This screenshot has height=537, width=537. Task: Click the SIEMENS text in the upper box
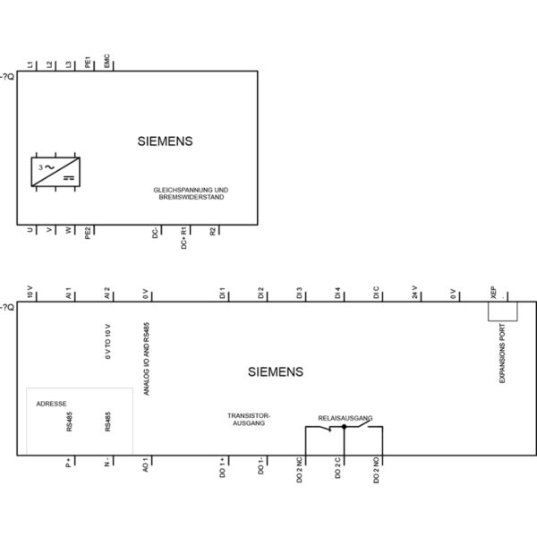pos(165,141)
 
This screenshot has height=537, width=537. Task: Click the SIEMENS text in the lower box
pos(276,372)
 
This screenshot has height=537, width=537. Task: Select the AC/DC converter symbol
pos(55,172)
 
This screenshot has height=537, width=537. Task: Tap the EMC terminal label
pos(107,61)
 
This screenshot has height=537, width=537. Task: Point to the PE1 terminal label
pos(88,62)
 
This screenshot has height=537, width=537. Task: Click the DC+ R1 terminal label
pos(183,238)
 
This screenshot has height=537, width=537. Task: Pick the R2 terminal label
pos(213,232)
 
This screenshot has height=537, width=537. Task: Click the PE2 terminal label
pos(88,233)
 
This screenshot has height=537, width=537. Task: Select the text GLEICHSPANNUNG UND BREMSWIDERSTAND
pos(192,193)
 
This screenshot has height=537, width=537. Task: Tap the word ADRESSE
pos(51,404)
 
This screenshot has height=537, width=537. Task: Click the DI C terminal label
pos(376,292)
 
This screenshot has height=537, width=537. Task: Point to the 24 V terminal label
pos(414,292)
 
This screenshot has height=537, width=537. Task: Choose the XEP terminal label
pos(493,292)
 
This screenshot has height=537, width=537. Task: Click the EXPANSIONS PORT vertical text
pos(502,354)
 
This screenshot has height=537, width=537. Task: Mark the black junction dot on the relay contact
pos(345,427)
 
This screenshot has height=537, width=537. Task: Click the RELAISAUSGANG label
pos(345,418)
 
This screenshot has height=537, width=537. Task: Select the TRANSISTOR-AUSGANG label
pos(249,420)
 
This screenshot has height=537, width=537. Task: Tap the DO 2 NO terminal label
pos(377,470)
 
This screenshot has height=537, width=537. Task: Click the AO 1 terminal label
pos(146,465)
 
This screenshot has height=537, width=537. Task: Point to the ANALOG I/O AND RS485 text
pos(147,359)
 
